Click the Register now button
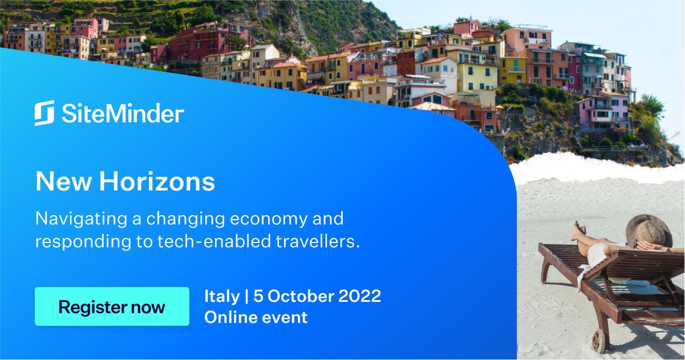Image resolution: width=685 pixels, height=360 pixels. (x=112, y=306)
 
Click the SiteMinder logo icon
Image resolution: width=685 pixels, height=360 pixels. (x=44, y=113)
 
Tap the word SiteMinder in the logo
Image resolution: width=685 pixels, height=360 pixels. (x=123, y=113)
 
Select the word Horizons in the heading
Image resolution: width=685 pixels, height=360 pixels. (x=157, y=181)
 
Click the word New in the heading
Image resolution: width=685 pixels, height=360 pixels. (x=64, y=181)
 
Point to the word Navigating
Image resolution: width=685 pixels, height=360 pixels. (x=82, y=219)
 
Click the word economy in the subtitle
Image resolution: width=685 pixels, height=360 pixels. (x=269, y=219)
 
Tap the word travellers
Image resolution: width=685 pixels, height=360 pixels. (x=318, y=241)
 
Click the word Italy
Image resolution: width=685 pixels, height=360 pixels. (x=222, y=297)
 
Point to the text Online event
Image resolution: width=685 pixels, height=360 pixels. (x=256, y=317)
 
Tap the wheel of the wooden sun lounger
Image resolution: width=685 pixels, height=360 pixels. (x=599, y=341)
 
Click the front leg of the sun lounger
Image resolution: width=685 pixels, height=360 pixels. (x=545, y=270)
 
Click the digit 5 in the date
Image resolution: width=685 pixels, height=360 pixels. (x=258, y=296)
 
